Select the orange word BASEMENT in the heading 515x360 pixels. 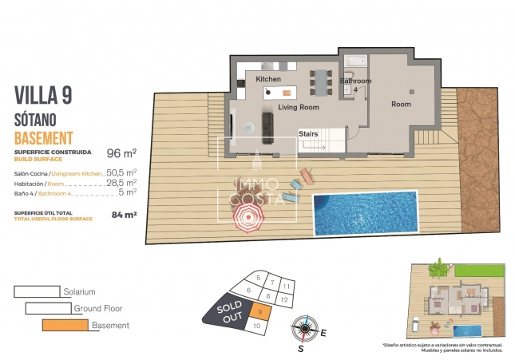click(x=44, y=137)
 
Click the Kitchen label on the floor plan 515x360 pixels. click(x=268, y=80)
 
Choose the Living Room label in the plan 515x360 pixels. click(x=298, y=107)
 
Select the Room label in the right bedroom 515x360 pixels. click(x=401, y=105)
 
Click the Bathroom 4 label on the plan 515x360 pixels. click(x=355, y=84)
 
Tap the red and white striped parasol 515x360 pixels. click(x=248, y=215)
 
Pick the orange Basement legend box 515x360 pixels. click(x=65, y=325)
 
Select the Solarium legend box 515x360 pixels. click(x=38, y=292)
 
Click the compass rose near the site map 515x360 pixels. click(x=304, y=329)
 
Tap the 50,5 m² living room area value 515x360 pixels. click(x=121, y=172)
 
